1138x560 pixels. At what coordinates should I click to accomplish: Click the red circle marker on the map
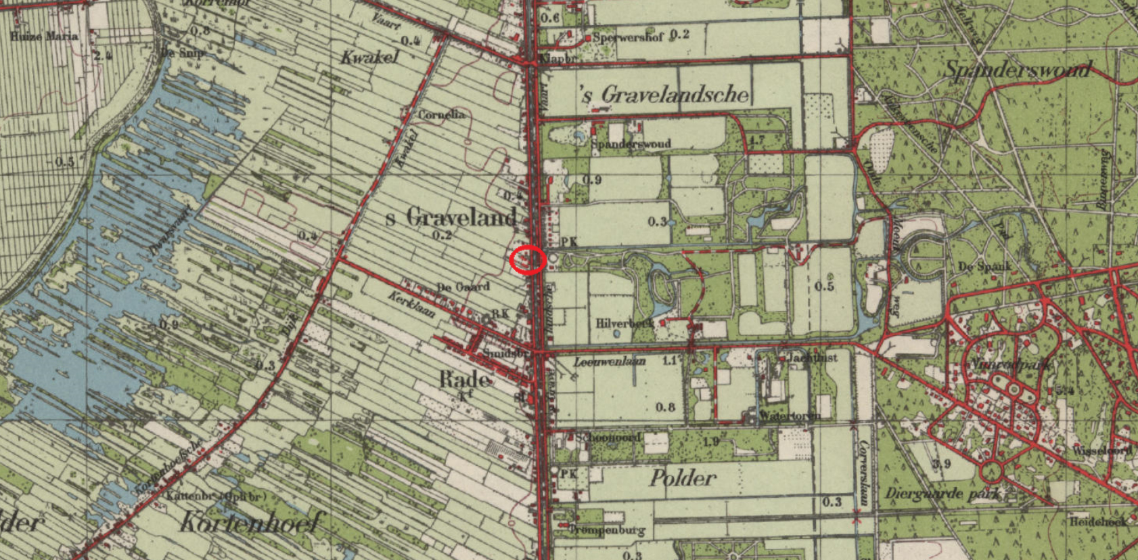coord(528,260)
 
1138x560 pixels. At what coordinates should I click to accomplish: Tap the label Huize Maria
coord(44,36)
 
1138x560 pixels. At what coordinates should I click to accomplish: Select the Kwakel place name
coord(369,57)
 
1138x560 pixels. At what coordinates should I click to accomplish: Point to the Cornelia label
coord(441,114)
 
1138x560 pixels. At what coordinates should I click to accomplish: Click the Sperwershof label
coord(628,37)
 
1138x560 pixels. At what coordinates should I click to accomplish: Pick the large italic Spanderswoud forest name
coord(1018,69)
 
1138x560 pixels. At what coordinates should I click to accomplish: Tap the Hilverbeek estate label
coord(624,323)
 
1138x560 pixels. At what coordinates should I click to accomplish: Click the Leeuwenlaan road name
coord(609,362)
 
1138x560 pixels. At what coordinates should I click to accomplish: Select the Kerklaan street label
coord(411,304)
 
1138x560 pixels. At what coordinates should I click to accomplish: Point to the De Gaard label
coord(463,287)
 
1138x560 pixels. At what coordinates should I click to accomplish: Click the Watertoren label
coord(790,415)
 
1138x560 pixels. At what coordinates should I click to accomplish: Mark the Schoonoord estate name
coord(608,437)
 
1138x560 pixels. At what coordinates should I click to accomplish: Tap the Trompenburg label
coord(607,530)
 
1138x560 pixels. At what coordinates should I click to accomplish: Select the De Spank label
coord(984,266)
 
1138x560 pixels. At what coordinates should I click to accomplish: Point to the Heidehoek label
coord(1099,521)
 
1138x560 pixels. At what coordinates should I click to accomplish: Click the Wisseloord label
coord(1102,450)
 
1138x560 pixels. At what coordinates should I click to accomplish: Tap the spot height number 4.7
coord(757,141)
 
